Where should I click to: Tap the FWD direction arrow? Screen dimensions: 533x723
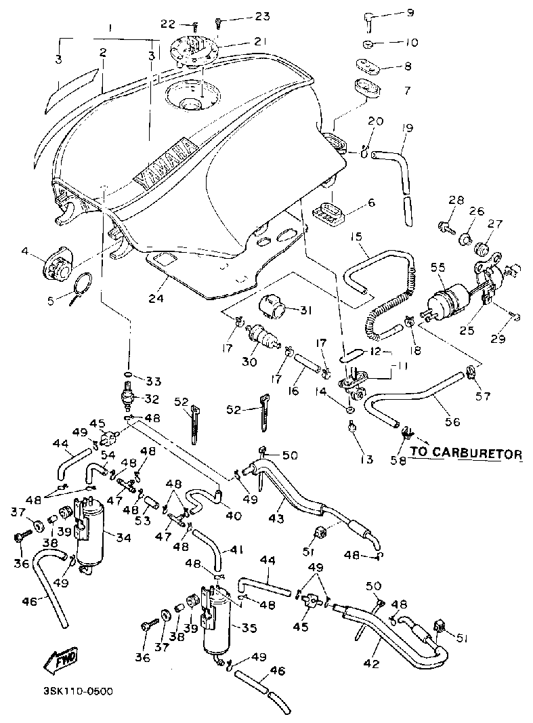click(60, 660)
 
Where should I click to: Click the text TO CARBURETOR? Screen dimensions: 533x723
click(466, 453)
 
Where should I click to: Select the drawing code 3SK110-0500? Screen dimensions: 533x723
click(78, 691)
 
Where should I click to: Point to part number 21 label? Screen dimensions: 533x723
click(260, 41)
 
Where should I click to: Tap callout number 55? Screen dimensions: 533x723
click(439, 268)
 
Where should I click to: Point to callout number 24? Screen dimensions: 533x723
click(156, 298)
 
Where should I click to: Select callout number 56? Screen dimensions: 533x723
click(452, 421)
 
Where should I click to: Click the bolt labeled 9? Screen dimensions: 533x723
click(367, 21)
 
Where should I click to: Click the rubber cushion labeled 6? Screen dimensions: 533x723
click(327, 211)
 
